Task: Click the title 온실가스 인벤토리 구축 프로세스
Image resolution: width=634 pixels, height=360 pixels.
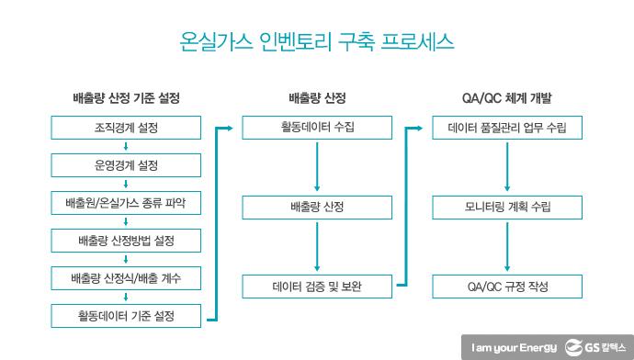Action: (316, 43)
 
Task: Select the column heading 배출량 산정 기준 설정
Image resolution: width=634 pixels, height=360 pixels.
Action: (126, 97)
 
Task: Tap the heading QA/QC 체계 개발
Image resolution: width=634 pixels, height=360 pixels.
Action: (506, 97)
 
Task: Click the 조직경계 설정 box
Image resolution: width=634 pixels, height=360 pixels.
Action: (126, 128)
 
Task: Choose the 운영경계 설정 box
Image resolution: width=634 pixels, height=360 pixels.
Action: (126, 166)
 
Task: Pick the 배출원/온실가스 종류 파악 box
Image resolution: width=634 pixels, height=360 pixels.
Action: (126, 204)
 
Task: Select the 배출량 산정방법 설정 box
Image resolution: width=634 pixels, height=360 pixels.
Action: (126, 242)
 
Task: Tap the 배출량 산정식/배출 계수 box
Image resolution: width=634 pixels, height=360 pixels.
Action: (126, 279)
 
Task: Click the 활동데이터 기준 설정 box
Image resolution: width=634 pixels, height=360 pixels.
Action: (126, 317)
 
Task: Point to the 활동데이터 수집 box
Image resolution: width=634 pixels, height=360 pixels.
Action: (316, 128)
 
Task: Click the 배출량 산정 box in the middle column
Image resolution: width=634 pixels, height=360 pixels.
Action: (316, 207)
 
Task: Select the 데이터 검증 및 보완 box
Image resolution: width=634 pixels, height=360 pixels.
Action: (316, 287)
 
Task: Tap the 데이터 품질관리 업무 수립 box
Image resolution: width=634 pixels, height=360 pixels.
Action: (506, 128)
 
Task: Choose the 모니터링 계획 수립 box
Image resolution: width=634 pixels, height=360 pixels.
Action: (506, 207)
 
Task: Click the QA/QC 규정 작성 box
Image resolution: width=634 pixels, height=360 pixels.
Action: (506, 287)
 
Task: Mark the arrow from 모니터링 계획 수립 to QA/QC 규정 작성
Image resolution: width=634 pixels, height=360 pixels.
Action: (506, 247)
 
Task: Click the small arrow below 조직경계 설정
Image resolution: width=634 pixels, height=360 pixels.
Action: (126, 147)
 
